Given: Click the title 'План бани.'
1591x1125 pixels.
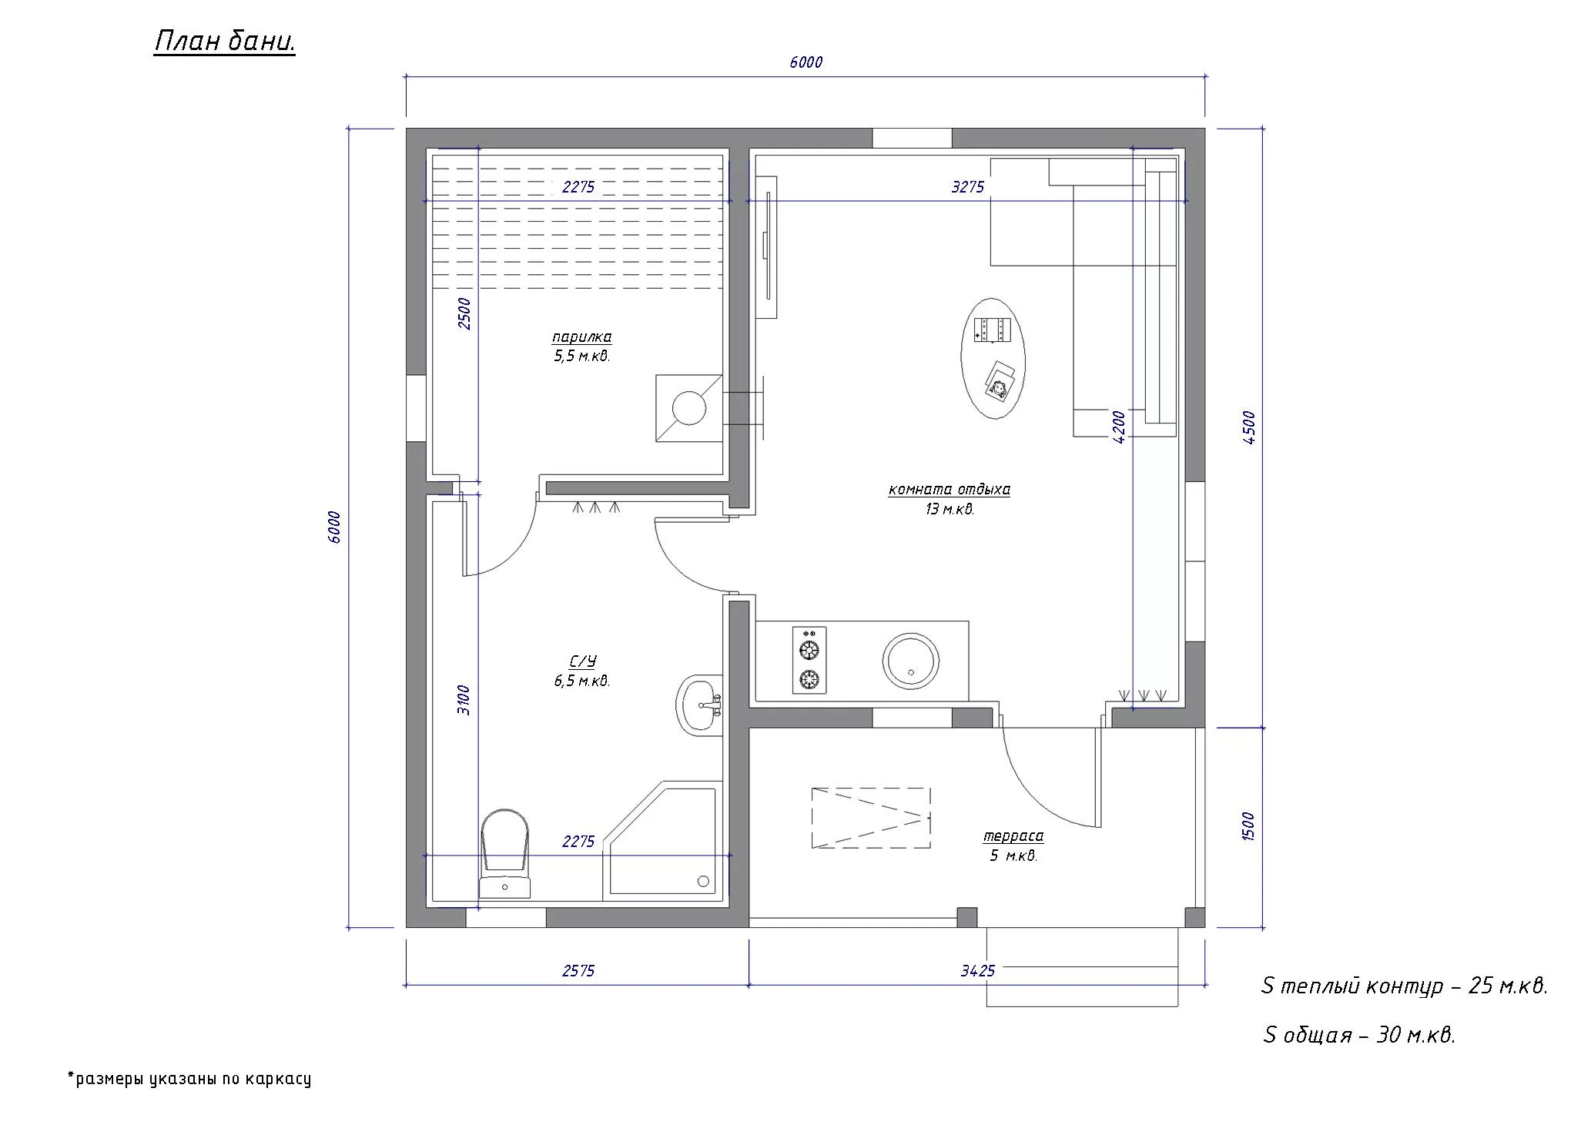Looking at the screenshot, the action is pos(225,42).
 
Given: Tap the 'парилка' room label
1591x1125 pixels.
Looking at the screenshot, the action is pos(582,337).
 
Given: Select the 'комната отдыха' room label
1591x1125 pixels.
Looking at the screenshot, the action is pos(950,490).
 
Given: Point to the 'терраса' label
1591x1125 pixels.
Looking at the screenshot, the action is pos(1013,836).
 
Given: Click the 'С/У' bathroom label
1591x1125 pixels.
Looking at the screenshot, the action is pos(583,662).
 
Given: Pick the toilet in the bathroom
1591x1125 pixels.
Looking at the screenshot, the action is pos(505,853).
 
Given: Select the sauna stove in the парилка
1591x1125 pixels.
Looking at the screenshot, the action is pos(689,408).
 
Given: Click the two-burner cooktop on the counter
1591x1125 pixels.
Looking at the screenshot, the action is pos(809,660).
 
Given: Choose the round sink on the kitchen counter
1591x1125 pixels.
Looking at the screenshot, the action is pos(910,661).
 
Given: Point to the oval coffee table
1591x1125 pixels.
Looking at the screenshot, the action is pos(993,359).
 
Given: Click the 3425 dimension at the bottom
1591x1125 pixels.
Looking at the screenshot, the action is pos(978,971).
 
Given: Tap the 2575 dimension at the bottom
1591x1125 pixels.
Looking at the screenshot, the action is pos(578,971).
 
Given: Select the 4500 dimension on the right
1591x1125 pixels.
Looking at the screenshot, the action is pos(1249,427).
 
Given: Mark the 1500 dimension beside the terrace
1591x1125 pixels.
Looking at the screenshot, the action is pos(1249,827).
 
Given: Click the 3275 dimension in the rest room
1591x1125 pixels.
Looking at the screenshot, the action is pos(968,187).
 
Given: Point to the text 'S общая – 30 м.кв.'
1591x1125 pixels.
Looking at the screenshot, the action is pos(1359,1035).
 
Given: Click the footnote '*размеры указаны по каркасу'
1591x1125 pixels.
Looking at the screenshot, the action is pos(189,1078).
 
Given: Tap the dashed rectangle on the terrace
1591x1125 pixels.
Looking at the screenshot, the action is pos(871,818).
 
